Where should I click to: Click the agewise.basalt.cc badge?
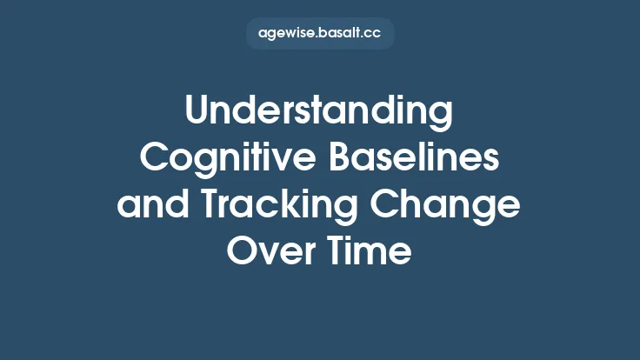[320, 34]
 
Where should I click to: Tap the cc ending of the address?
[373, 35]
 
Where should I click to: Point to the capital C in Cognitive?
[157, 160]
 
